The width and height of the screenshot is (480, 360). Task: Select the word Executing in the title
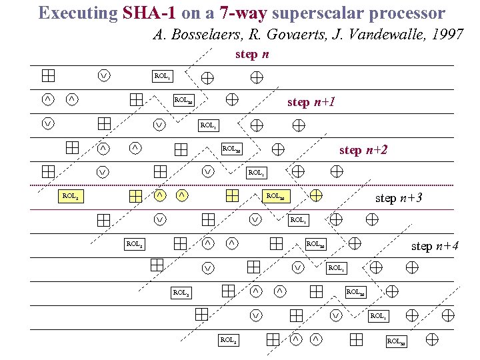(x=78, y=13)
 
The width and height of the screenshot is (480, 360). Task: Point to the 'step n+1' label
(x=311, y=102)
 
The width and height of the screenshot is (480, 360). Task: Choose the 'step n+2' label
(x=363, y=150)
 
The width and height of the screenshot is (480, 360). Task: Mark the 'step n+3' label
(x=399, y=198)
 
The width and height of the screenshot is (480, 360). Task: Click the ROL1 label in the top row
(x=161, y=77)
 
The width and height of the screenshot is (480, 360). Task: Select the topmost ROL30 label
(x=183, y=101)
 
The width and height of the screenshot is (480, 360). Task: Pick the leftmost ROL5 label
(x=69, y=197)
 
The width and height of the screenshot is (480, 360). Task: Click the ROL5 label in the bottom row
(x=228, y=341)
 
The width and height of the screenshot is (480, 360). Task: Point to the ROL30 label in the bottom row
(x=396, y=341)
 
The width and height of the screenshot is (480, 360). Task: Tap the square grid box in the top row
(x=48, y=75)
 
